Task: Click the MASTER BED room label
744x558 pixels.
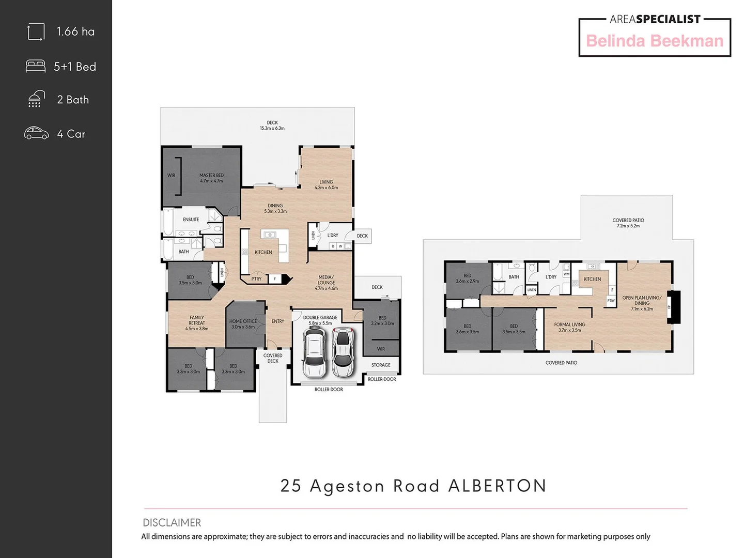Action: [x=211, y=178]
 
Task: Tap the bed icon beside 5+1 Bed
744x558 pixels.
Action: [x=36, y=66]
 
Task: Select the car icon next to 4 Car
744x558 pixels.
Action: [x=36, y=133]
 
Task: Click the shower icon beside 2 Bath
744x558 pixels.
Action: [x=35, y=99]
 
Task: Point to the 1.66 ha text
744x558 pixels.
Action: [x=75, y=32]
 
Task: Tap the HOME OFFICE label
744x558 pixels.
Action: [x=243, y=324]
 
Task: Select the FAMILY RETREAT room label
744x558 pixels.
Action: [x=196, y=323]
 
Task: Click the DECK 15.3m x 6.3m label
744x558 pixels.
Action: [x=272, y=126]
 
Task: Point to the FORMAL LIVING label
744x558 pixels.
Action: [x=569, y=327]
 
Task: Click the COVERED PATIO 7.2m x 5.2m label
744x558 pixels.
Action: [x=628, y=223]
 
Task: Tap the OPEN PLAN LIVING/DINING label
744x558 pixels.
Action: [x=642, y=303]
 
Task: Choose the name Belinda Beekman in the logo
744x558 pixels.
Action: [x=655, y=41]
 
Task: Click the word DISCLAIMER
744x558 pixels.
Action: [x=172, y=522]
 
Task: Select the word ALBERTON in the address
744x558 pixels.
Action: [x=497, y=486]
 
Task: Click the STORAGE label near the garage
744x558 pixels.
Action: [x=381, y=365]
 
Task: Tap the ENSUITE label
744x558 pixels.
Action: [x=191, y=220]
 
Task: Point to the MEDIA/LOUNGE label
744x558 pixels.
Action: [x=326, y=283]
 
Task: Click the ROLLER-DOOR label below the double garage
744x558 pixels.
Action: [x=329, y=390]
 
